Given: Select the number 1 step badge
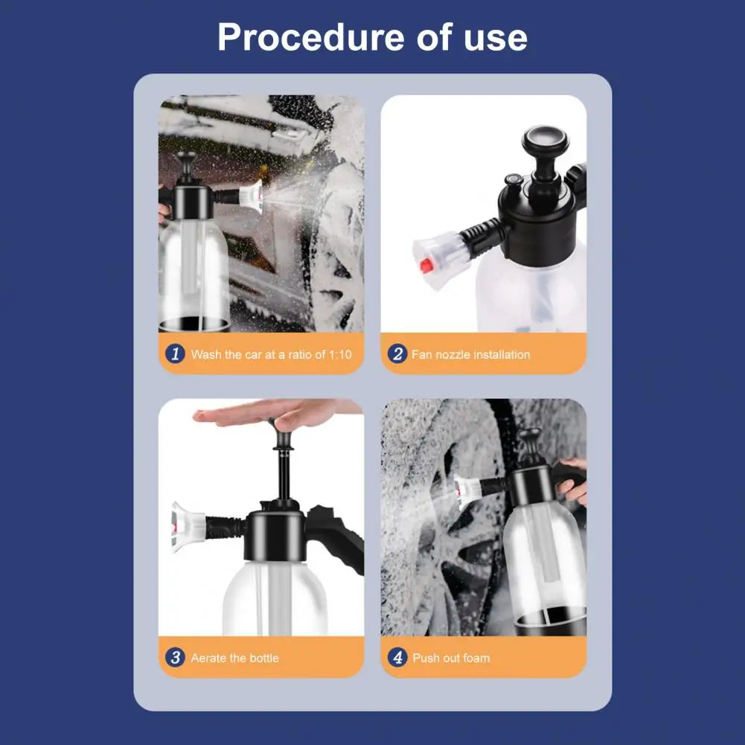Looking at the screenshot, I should click(175, 354).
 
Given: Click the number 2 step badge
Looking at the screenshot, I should click(397, 354).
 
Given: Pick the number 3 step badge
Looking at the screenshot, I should click(175, 657).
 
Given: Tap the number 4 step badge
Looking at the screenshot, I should click(397, 657).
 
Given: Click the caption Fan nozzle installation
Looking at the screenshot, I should click(470, 354).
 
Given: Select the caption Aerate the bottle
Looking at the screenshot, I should click(234, 658).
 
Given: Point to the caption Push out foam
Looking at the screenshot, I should click(451, 658).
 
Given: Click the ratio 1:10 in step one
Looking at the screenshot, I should click(339, 354).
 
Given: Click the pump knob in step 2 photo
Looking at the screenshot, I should click(544, 141).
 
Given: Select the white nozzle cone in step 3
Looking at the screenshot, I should click(186, 526).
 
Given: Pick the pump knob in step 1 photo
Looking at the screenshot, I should click(185, 158).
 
